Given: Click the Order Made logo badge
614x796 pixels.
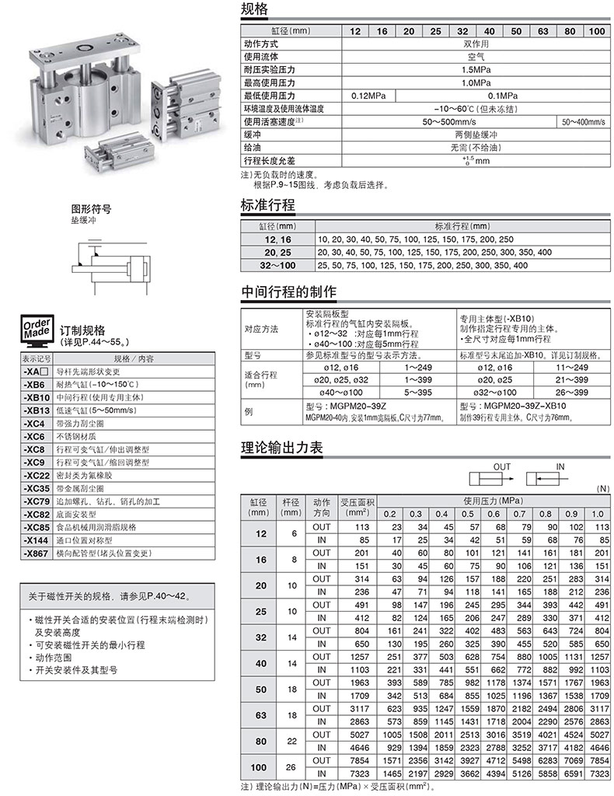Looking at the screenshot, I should pyautogui.click(x=37, y=330).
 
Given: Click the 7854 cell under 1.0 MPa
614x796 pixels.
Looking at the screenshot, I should pyautogui.click(x=596, y=761).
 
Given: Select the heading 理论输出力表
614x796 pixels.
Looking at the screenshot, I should pyautogui.click(x=281, y=448).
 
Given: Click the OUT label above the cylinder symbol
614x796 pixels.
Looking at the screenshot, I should pyautogui.click(x=502, y=466).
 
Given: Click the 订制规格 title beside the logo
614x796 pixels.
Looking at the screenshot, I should pyautogui.click(x=82, y=330).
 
